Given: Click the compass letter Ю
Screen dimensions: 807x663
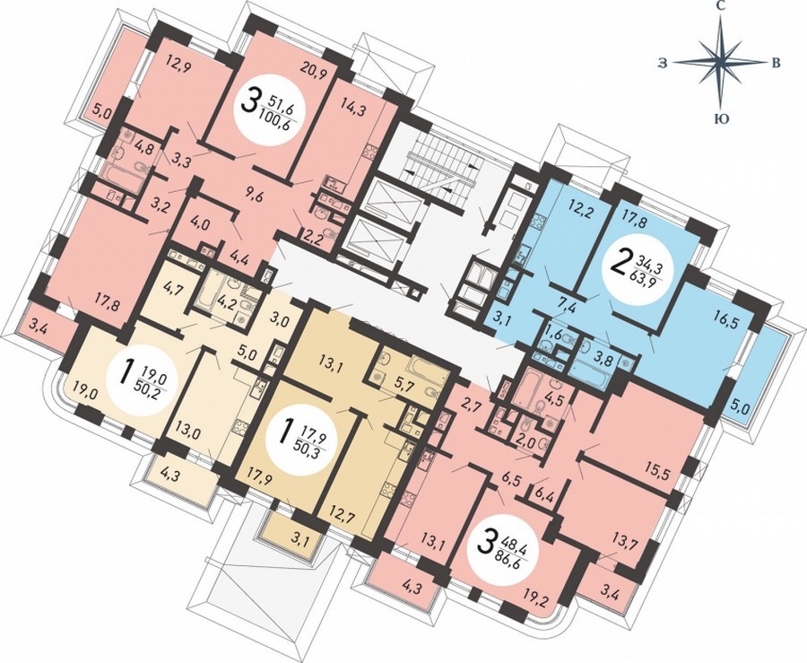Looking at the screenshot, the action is tap(722, 119).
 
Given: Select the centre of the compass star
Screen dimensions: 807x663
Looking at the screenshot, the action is tap(722, 61).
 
